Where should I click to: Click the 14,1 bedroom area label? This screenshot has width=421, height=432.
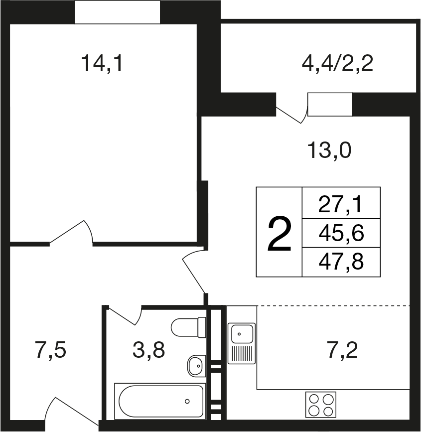[x=102, y=64]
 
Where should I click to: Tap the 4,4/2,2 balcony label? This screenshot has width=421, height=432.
[x=337, y=63]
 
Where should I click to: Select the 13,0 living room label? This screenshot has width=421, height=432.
[x=329, y=150]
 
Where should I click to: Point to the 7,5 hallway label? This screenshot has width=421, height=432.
[x=51, y=350]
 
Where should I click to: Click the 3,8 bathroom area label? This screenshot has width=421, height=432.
[x=149, y=350]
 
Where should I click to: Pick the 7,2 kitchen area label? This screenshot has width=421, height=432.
[x=342, y=350]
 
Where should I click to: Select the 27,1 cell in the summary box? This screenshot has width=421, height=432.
[x=341, y=203]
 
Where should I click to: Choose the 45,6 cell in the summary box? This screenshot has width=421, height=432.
[x=341, y=233]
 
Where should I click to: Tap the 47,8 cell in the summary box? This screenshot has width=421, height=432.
[x=341, y=262]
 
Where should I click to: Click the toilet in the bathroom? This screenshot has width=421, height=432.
[x=188, y=327]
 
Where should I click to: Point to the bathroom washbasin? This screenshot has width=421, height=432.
[x=197, y=366]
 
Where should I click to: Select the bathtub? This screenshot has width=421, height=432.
[x=160, y=401]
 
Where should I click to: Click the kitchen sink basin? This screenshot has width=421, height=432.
[x=242, y=334]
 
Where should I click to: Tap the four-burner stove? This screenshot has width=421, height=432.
[x=321, y=405]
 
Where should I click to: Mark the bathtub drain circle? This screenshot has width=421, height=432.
[x=187, y=401]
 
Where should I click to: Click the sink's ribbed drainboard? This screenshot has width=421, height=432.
[x=242, y=354]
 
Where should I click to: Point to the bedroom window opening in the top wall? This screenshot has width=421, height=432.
[x=118, y=12]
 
